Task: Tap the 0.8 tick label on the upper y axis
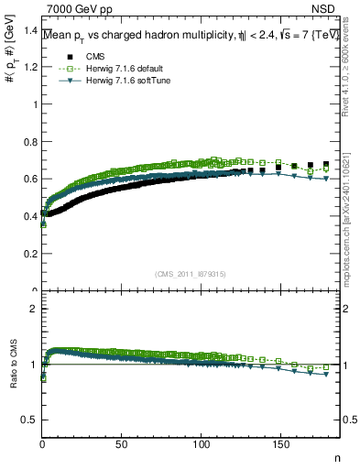tap(29, 179)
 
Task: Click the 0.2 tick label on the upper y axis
tap(29, 254)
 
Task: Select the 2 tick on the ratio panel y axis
tap(33, 309)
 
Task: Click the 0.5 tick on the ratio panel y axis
tap(29, 420)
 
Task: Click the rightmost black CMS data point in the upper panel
tap(326, 165)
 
